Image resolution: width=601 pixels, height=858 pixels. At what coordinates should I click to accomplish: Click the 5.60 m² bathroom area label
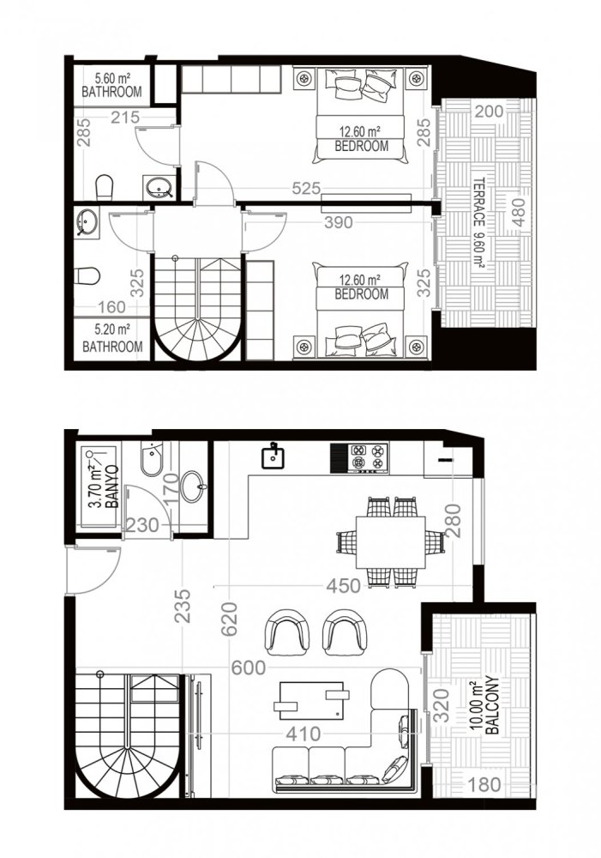[111, 84]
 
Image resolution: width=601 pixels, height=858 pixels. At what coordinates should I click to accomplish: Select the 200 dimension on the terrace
[489, 111]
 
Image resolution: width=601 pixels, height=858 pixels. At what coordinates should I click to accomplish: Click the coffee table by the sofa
[311, 700]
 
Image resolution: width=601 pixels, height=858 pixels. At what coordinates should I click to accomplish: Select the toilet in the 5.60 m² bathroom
[104, 186]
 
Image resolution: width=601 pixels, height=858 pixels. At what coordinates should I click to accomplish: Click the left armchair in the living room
[287, 631]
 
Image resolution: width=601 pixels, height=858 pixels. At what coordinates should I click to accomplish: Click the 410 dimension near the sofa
[304, 734]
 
